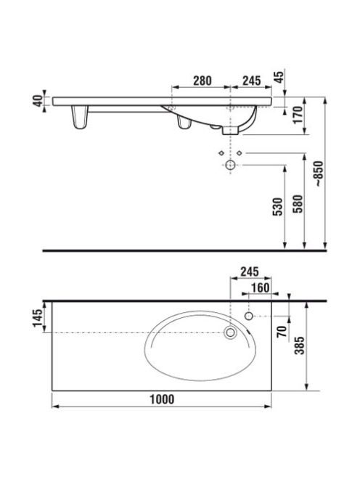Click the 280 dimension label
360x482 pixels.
click(x=202, y=81)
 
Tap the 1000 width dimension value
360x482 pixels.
click(x=162, y=399)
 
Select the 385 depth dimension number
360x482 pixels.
click(x=300, y=345)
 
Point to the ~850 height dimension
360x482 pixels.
click(x=319, y=174)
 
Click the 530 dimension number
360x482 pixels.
click(x=277, y=207)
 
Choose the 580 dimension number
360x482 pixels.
click(x=298, y=203)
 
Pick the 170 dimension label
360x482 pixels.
click(x=298, y=115)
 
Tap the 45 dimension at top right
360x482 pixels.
click(x=279, y=76)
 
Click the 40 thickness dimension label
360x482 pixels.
click(x=38, y=100)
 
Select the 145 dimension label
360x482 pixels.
click(x=38, y=318)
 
